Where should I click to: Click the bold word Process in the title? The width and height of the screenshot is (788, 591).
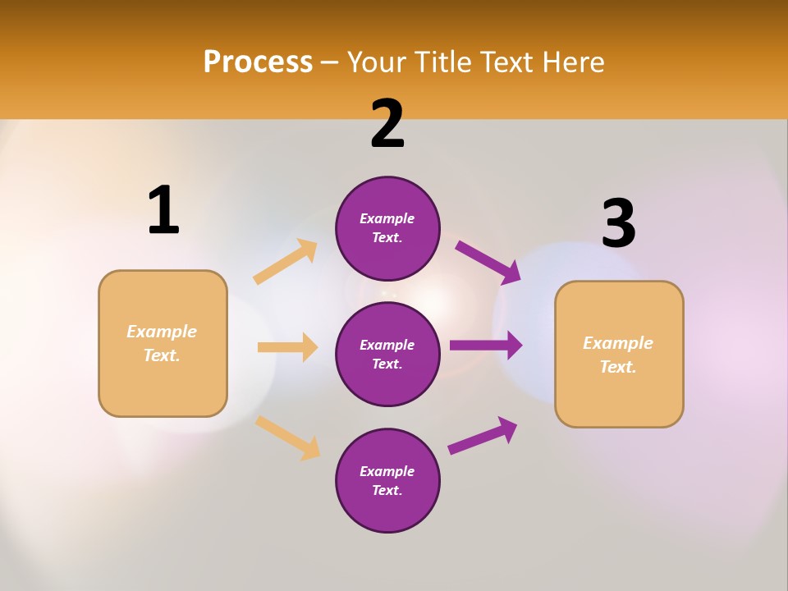tap(258, 62)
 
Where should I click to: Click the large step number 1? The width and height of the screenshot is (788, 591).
tap(163, 210)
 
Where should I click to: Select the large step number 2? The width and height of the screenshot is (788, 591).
tap(387, 125)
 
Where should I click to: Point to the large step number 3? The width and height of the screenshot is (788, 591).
tap(618, 224)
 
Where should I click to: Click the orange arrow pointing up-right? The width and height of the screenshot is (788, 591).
tap(286, 262)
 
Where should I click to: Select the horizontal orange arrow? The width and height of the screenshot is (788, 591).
tap(287, 347)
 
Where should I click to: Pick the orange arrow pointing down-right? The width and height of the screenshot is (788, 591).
tap(287, 438)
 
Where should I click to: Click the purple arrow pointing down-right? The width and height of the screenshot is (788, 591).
tap(488, 263)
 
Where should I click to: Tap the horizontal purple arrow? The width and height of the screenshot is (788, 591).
tap(486, 346)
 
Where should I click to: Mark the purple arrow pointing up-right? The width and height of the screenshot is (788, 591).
tap(483, 435)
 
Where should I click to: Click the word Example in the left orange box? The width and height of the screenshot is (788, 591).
tap(162, 332)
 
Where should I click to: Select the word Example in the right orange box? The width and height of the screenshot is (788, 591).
tap(618, 343)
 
